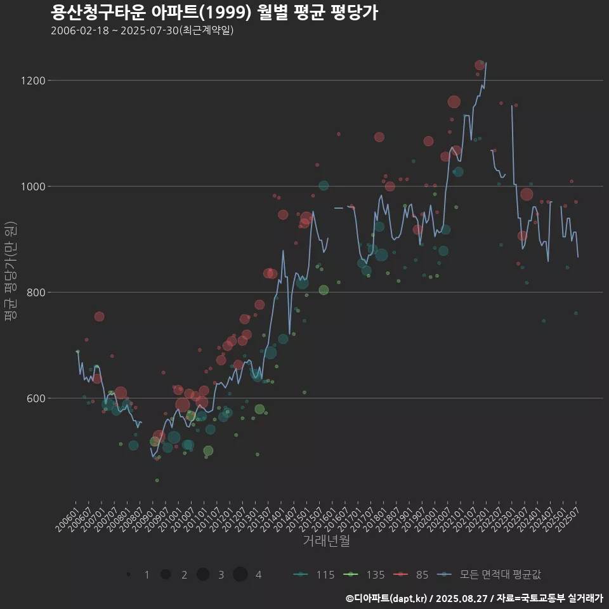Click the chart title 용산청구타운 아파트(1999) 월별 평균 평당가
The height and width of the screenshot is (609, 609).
(x=214, y=12)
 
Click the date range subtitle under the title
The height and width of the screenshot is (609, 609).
(x=142, y=30)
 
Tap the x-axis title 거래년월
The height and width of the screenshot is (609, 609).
(x=326, y=541)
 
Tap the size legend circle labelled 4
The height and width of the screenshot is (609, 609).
(x=240, y=575)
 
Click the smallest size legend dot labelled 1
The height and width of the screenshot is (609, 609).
(x=128, y=575)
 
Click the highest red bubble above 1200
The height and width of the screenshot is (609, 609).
(x=480, y=65)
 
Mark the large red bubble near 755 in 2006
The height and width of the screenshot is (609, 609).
(x=99, y=317)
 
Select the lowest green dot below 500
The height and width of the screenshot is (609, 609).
(x=157, y=480)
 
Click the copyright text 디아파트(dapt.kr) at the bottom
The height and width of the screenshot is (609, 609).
(x=390, y=598)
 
